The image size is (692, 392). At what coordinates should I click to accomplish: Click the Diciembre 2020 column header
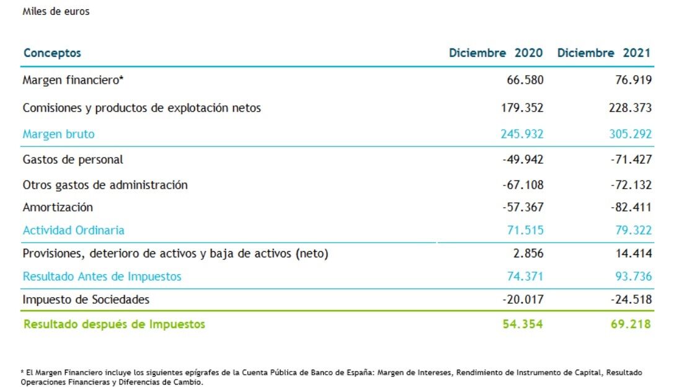tap(495, 53)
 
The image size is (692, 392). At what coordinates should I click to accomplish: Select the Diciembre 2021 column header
tap(604, 53)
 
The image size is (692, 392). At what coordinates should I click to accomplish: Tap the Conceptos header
tap(52, 53)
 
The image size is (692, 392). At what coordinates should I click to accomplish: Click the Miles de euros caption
tap(56, 11)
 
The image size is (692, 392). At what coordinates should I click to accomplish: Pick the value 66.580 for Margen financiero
tap(525, 80)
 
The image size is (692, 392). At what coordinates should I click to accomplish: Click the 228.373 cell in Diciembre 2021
tap(631, 108)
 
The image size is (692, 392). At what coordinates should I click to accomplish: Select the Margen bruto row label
tap(58, 134)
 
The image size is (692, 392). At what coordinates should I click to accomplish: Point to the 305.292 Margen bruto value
tap(631, 134)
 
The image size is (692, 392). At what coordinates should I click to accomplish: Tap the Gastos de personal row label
tap(73, 159)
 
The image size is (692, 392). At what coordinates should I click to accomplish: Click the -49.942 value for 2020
tap(522, 159)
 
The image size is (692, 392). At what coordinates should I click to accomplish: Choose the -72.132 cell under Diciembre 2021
tap(631, 185)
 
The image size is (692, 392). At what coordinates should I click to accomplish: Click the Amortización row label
tap(58, 207)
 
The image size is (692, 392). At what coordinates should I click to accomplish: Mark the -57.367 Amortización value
tap(522, 207)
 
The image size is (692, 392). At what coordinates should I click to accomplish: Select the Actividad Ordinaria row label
tap(73, 230)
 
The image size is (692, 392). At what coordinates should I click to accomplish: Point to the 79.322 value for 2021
tap(634, 230)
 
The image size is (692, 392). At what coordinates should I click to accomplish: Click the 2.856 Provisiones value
tap(529, 254)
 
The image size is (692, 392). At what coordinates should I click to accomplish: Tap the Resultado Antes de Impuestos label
tap(102, 277)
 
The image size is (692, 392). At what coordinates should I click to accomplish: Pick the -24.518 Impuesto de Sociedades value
tap(631, 300)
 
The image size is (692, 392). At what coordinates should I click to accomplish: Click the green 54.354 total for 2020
tap(525, 324)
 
